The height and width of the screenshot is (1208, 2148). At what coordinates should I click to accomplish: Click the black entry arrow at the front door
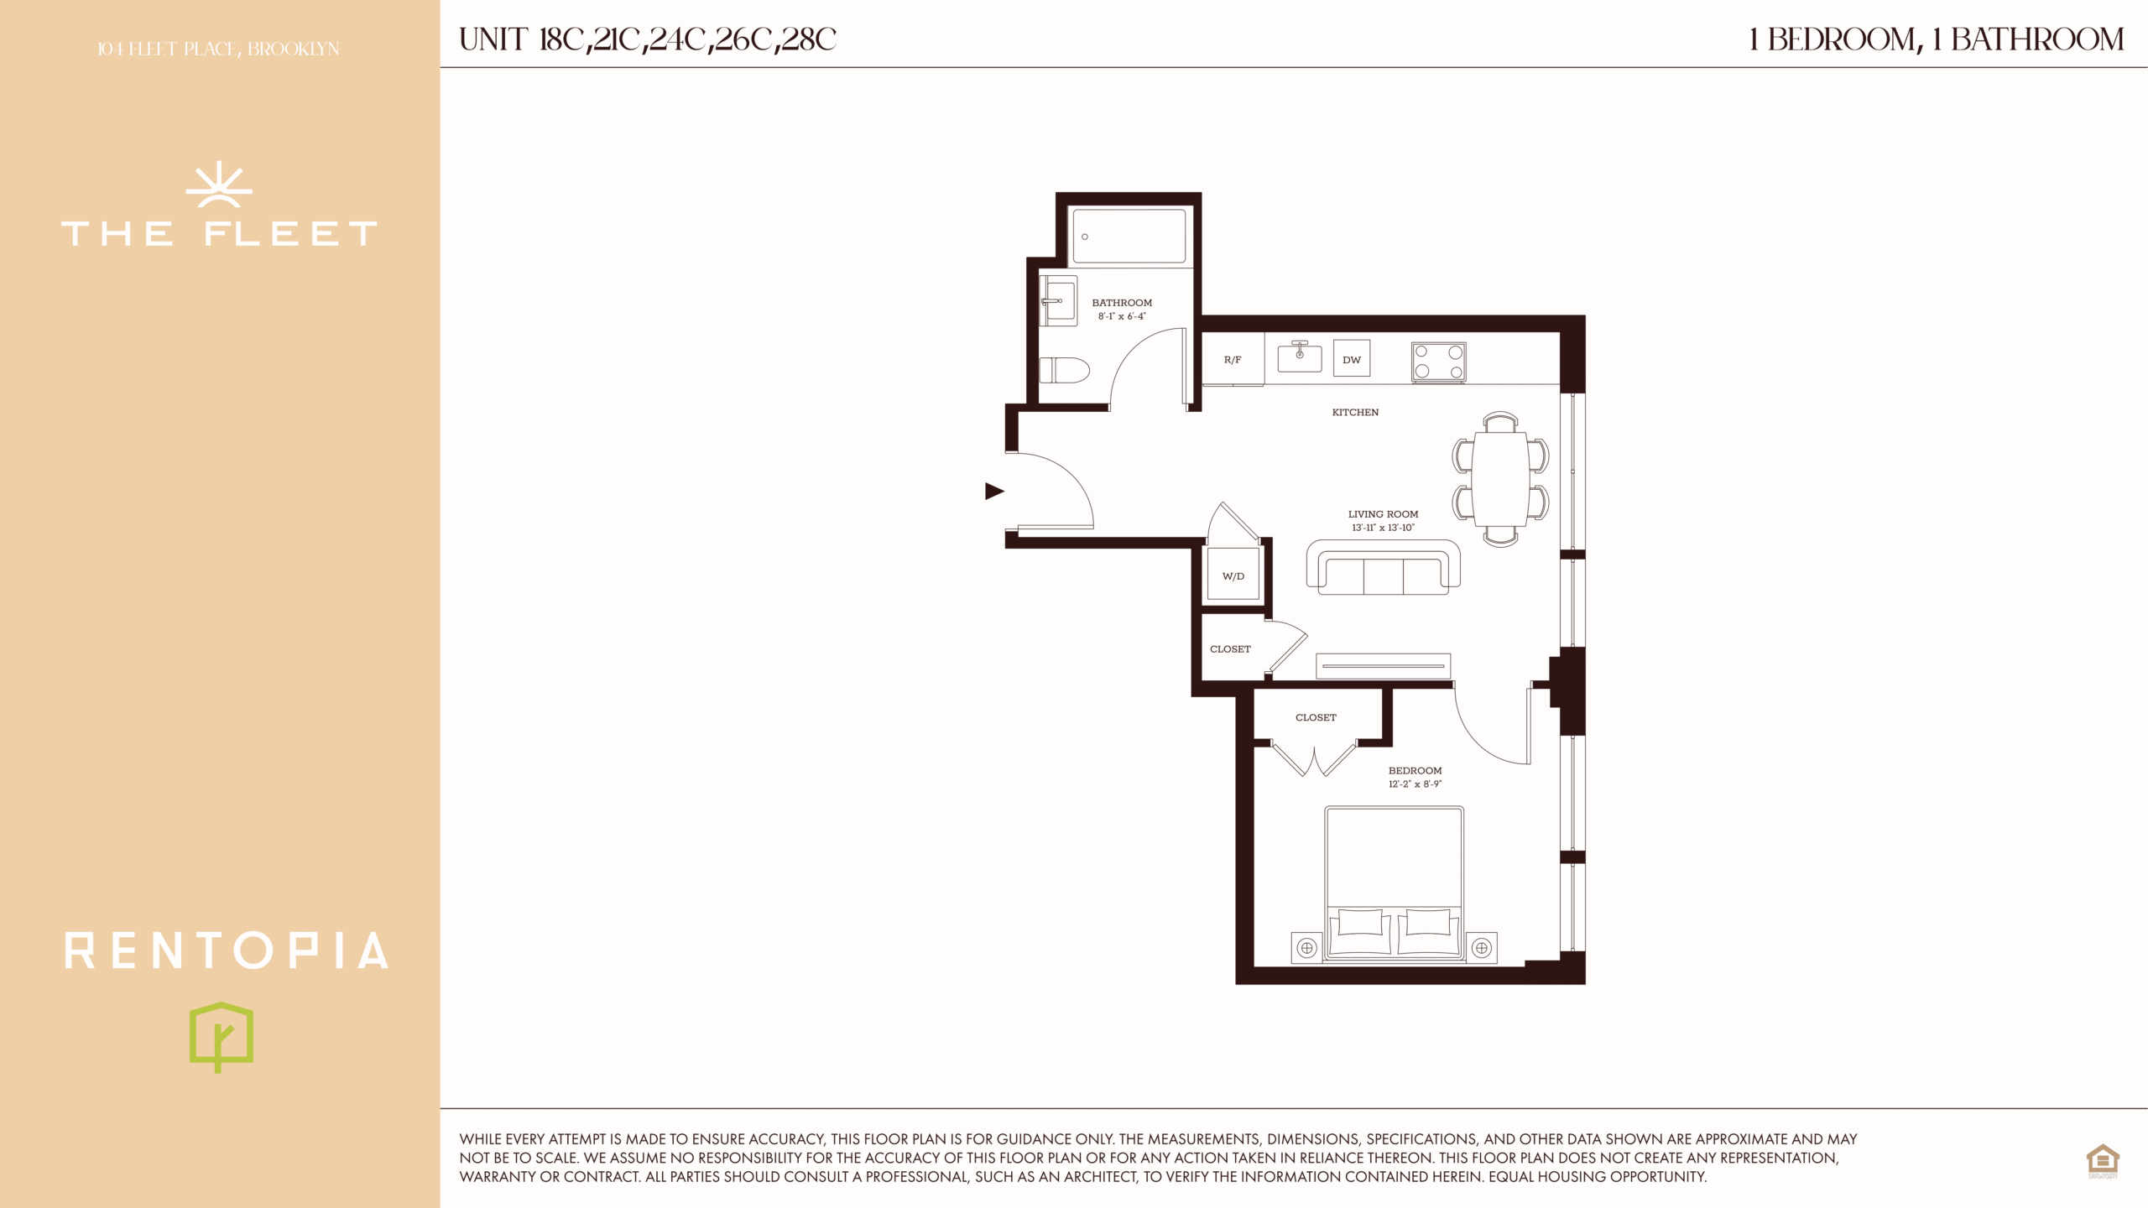point(994,491)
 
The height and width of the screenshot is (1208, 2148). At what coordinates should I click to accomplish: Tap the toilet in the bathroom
point(1064,370)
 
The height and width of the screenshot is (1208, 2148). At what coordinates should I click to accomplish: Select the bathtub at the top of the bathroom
point(1130,237)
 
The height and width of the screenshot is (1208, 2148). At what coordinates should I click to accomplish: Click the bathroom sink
point(1059,300)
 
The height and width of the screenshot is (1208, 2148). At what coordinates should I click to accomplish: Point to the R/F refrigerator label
point(1233,360)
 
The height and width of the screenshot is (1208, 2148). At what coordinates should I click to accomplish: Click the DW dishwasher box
point(1352,359)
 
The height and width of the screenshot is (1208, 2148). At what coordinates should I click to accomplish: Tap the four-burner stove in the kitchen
point(1439,362)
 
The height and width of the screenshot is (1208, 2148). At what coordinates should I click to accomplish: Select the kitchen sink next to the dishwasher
point(1300,357)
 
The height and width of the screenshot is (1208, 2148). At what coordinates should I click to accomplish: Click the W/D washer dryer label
point(1233,576)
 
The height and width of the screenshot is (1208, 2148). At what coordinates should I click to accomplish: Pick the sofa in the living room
point(1384,567)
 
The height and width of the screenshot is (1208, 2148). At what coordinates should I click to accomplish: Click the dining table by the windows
point(1500,479)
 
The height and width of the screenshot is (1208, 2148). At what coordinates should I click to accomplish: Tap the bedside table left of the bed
point(1306,948)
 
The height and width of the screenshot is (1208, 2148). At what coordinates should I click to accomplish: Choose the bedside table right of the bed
point(1482,948)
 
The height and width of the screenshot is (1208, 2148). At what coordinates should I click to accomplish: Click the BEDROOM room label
point(1415,770)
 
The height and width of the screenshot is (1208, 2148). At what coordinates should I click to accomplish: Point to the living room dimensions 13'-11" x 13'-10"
point(1383,528)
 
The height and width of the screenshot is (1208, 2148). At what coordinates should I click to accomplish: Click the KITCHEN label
point(1355,412)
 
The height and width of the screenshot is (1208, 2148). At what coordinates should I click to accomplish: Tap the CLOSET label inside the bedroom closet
point(1316,717)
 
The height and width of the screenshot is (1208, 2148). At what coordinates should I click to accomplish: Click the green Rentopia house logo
point(222,1038)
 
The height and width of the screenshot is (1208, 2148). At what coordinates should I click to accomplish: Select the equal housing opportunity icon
point(2103,1161)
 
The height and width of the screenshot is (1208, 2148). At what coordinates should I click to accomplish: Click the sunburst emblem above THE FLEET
point(219,185)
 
